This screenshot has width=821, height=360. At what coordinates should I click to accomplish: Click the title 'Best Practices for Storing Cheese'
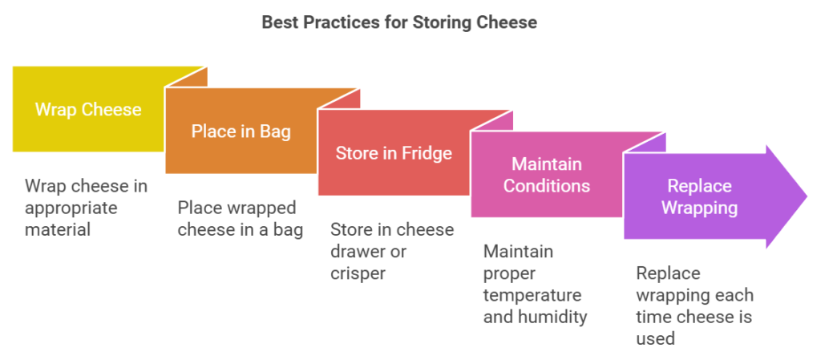399,23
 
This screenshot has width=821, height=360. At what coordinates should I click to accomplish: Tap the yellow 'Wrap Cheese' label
88,109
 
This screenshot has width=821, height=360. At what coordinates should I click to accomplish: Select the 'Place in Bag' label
241,131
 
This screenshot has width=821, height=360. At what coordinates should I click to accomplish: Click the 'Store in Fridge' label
393,153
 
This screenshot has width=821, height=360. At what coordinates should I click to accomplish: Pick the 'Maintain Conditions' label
547,175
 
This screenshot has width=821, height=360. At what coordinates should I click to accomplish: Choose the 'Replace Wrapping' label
699,196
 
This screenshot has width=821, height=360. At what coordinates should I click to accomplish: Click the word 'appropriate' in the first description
71,208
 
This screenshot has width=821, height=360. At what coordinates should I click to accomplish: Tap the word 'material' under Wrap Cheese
58,229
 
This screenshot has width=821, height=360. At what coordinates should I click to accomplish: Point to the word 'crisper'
358,274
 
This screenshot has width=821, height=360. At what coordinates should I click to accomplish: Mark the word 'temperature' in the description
532,295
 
